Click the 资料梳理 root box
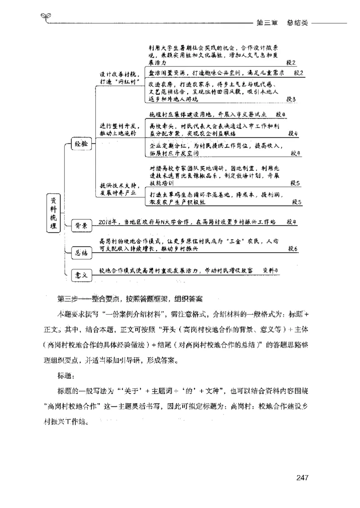click(x=54, y=213)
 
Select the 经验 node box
click(x=81, y=144)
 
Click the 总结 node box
click(x=81, y=252)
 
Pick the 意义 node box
click(x=81, y=275)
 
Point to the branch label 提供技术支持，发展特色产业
click(x=119, y=189)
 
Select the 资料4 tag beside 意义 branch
click(x=271, y=270)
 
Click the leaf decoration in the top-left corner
click(x=45, y=17)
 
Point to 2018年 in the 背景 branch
click(x=108, y=222)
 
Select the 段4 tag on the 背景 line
click(x=291, y=222)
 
